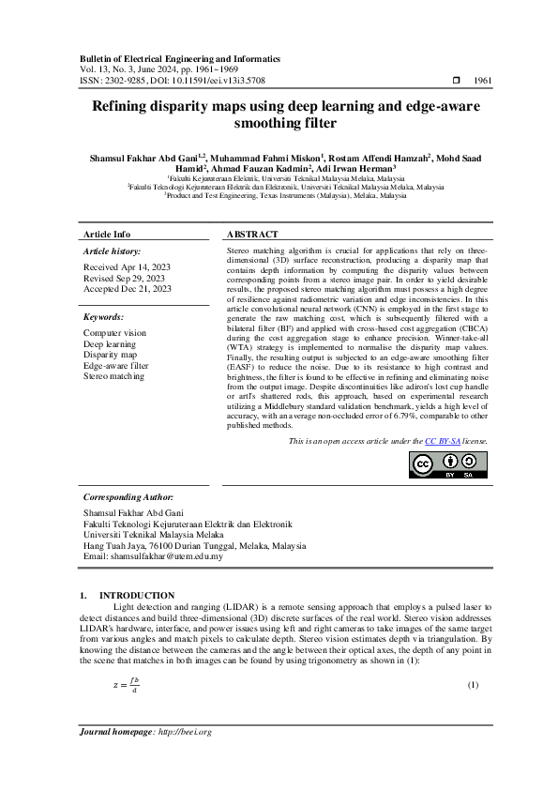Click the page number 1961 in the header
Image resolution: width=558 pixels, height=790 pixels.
coord(483,82)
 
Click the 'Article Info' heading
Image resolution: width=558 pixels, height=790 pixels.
coord(107,234)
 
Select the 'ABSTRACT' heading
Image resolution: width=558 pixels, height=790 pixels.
coord(252,234)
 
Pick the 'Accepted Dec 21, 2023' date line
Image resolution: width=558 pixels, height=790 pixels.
coord(128,289)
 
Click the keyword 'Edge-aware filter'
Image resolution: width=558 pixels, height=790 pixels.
coord(115,366)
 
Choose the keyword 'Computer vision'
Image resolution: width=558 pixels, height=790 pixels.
coord(114,333)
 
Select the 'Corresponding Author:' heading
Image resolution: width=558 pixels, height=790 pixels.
coord(128,497)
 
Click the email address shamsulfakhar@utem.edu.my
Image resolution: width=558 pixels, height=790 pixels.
coord(166,556)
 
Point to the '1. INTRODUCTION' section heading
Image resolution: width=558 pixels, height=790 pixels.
coord(128,595)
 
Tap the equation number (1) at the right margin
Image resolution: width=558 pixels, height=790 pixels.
coord(473,684)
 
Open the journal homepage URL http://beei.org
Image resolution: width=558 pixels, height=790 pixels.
coord(185,732)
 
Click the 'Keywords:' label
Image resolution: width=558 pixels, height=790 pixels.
coord(103,317)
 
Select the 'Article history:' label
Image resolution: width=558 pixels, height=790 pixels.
coord(112,251)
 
